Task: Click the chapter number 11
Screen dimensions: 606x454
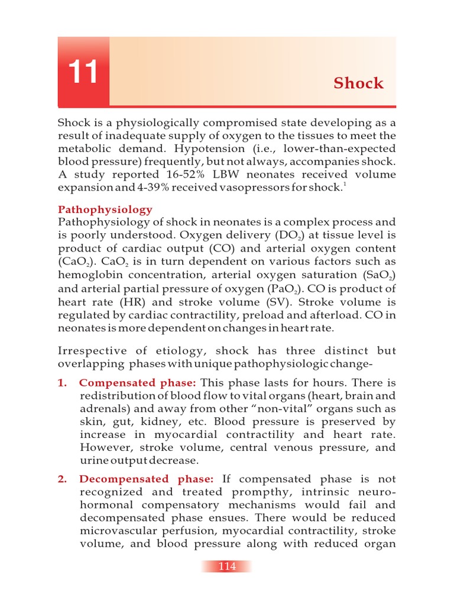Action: [x=83, y=73]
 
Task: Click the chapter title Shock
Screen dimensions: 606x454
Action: [x=358, y=83]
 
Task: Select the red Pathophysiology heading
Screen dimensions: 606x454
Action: [x=105, y=209]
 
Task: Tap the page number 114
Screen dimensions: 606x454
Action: [x=227, y=566]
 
